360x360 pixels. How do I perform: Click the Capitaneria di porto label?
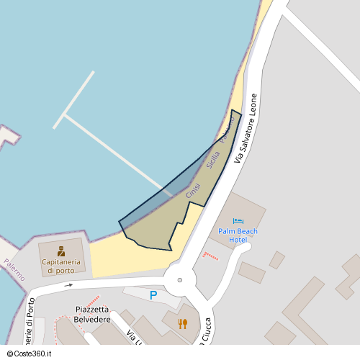[60, 266]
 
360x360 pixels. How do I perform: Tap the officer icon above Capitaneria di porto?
[61, 251]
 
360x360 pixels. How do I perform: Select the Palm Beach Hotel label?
[238, 235]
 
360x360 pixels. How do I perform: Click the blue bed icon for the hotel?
[238, 221]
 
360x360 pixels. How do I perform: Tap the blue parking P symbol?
[153, 295]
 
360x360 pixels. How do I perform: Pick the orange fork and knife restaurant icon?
[182, 323]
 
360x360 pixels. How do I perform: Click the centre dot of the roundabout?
[180, 280]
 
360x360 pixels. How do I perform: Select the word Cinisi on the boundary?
[193, 191]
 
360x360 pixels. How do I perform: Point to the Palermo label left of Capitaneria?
[14, 270]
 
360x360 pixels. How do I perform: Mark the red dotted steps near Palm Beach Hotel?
[210, 256]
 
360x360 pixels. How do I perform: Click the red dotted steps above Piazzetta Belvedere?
[91, 300]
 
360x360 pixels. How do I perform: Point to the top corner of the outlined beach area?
[232, 110]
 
